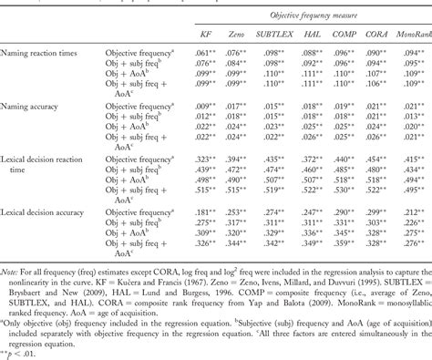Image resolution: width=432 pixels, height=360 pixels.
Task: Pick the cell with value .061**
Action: click(x=206, y=54)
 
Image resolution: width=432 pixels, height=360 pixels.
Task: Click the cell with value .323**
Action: click(x=206, y=159)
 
